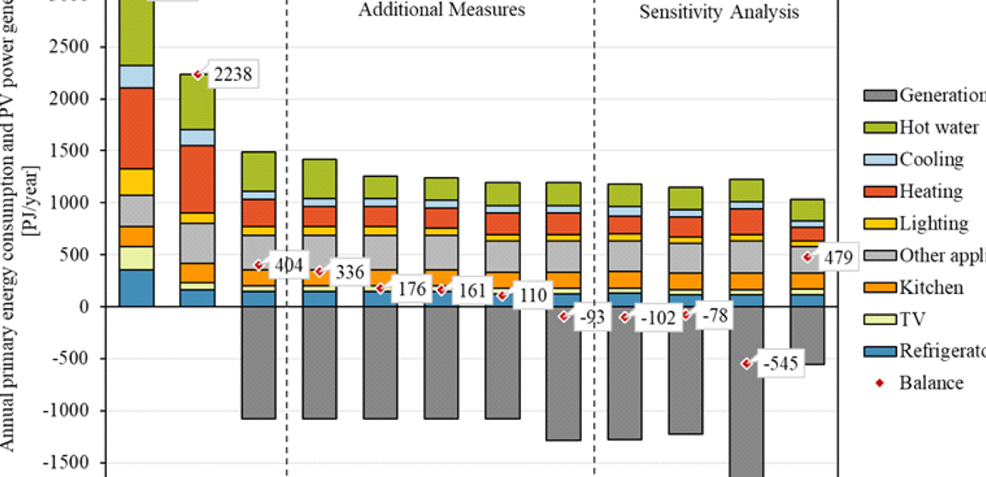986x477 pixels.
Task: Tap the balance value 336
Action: (349, 272)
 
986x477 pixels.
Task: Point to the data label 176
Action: (410, 289)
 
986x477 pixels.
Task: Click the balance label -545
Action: (780, 364)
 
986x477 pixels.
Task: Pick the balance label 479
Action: (837, 257)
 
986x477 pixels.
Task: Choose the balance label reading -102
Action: (657, 317)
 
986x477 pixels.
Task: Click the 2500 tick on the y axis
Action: (70, 47)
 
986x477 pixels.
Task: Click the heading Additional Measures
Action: (441, 10)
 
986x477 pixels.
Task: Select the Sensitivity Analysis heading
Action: (718, 12)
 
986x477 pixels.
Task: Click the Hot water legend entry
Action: (938, 128)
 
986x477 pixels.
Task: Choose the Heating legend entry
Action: (931, 191)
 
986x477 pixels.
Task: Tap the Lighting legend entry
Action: (933, 223)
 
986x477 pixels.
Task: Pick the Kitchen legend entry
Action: (931, 287)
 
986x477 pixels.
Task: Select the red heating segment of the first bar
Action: (137, 128)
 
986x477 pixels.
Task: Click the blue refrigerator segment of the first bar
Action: (137, 288)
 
